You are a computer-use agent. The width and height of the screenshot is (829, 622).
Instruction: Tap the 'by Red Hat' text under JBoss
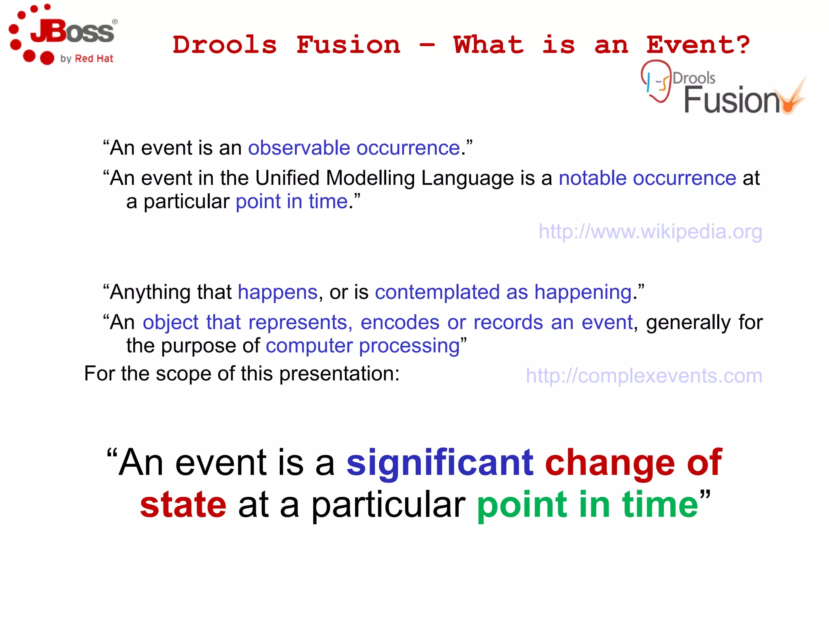(x=87, y=59)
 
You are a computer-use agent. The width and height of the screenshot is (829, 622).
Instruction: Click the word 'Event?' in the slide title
(x=698, y=45)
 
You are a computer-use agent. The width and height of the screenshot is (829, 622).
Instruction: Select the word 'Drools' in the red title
(x=225, y=45)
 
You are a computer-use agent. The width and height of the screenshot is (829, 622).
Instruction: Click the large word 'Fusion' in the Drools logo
(x=731, y=100)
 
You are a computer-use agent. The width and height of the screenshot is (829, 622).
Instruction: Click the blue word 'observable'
(x=299, y=148)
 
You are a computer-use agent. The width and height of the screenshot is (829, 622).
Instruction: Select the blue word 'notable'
(x=592, y=178)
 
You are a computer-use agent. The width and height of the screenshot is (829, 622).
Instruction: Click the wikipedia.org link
(x=650, y=232)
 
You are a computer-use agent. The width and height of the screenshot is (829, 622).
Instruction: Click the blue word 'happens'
(x=277, y=292)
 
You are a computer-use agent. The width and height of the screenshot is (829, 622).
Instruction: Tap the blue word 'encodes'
(x=400, y=323)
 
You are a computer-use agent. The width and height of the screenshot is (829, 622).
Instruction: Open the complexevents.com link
(x=644, y=376)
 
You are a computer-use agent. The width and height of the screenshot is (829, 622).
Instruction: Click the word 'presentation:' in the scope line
(x=339, y=373)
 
